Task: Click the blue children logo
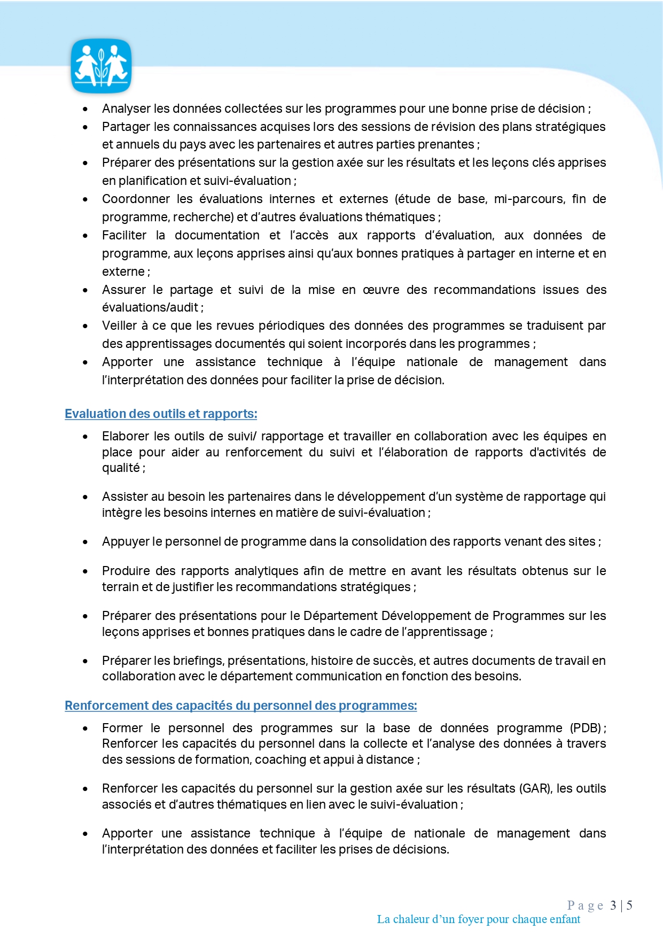pyautogui.click(x=101, y=66)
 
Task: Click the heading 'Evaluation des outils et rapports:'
pyautogui.click(x=161, y=414)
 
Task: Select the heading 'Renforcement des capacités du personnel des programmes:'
pyautogui.click(x=240, y=706)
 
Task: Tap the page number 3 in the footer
pyautogui.click(x=613, y=905)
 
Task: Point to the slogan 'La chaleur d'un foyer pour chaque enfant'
pyautogui.click(x=478, y=919)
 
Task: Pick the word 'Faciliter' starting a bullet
pyautogui.click(x=124, y=235)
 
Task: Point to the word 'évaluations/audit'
pyautogui.click(x=150, y=307)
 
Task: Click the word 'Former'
pyautogui.click(x=122, y=728)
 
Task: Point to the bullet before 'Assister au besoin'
pyautogui.click(x=85, y=497)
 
